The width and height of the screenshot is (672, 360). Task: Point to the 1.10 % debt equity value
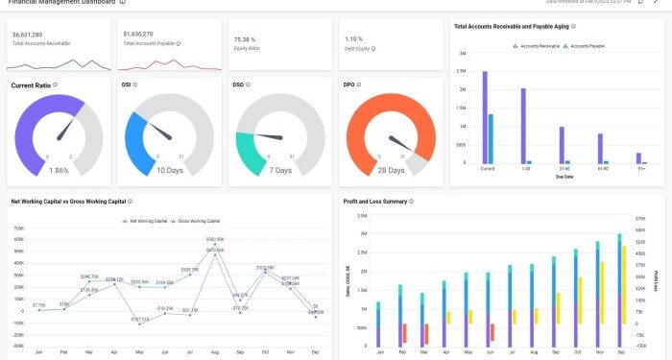[x=355, y=38]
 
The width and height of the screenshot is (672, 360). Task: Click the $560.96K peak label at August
[x=215, y=239]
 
